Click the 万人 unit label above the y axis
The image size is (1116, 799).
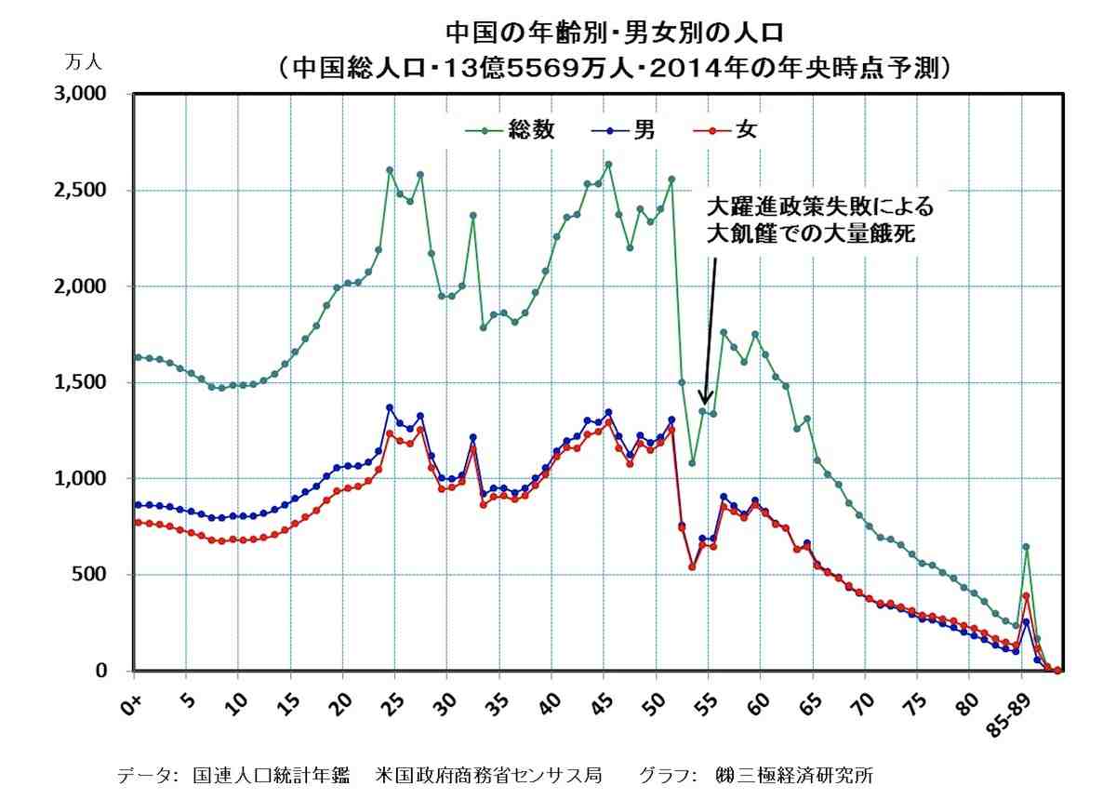[x=84, y=62]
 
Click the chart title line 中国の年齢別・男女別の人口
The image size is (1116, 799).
[x=615, y=33]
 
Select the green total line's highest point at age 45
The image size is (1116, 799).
[x=608, y=165]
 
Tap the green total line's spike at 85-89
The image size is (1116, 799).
[x=1026, y=547]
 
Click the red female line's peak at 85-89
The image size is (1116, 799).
[x=1026, y=596]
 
